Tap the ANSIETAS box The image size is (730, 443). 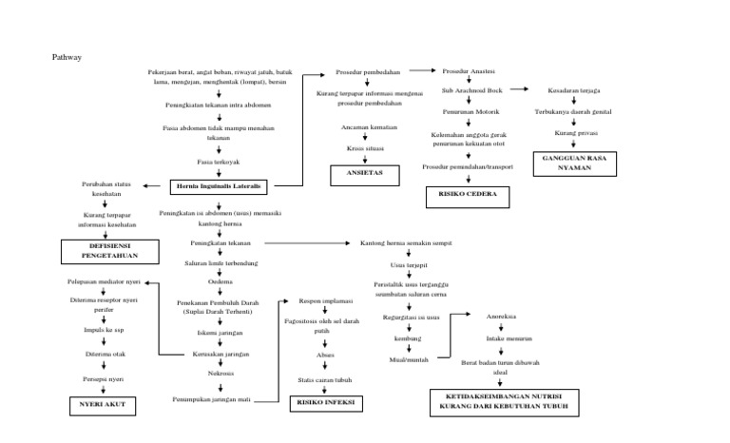coord(364,175)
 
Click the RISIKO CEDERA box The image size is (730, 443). coord(468,197)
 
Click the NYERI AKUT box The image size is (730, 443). coord(102,406)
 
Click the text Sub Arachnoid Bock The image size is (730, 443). coord(471,90)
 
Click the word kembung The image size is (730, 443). coord(407,338)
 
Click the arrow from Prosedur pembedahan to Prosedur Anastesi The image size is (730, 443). coord(418,71)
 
